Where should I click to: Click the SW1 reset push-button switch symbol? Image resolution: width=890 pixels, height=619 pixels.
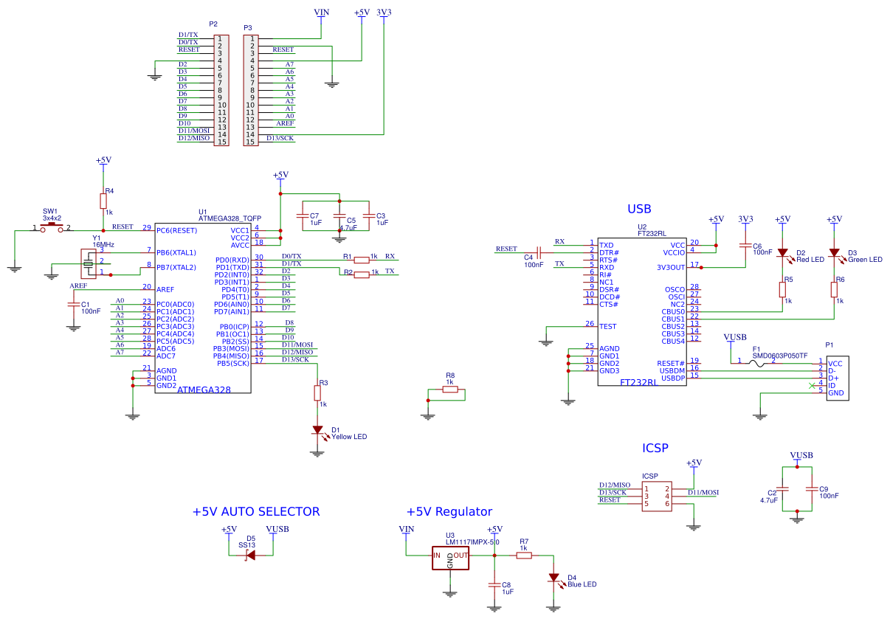pyautogui.click(x=52, y=228)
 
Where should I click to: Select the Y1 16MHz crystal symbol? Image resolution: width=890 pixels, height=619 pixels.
pyautogui.click(x=89, y=263)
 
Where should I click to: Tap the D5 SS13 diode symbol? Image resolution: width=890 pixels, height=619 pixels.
pyautogui.click(x=251, y=555)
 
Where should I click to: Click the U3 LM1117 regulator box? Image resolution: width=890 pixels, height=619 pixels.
pyautogui.click(x=450, y=559)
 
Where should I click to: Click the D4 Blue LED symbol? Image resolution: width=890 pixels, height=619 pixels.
pyautogui.click(x=553, y=578)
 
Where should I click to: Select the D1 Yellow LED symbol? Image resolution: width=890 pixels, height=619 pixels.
pyautogui.click(x=317, y=430)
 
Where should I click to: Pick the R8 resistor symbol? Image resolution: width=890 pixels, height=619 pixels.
pyautogui.click(x=449, y=390)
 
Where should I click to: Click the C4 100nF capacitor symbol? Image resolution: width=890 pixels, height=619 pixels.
pyautogui.click(x=539, y=252)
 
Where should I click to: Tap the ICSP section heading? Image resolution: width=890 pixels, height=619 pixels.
pyautogui.click(x=655, y=448)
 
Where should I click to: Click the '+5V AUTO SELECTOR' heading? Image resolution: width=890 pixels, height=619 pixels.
pyautogui.click(x=256, y=511)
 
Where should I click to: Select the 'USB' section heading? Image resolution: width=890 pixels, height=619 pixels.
pyautogui.click(x=639, y=209)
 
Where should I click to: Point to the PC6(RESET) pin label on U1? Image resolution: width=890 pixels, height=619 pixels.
pyautogui.click(x=176, y=230)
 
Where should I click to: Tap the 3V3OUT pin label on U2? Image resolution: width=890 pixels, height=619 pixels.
pyautogui.click(x=671, y=267)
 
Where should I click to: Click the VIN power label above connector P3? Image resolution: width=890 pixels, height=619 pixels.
pyautogui.click(x=322, y=13)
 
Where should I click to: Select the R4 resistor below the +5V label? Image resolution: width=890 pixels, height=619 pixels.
pyautogui.click(x=103, y=201)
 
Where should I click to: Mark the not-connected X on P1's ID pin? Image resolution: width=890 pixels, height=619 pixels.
pyautogui.click(x=812, y=385)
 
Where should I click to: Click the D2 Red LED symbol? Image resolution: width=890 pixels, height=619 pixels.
pyautogui.click(x=782, y=253)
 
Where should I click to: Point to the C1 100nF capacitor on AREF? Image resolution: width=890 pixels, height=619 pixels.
pyautogui.click(x=74, y=304)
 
